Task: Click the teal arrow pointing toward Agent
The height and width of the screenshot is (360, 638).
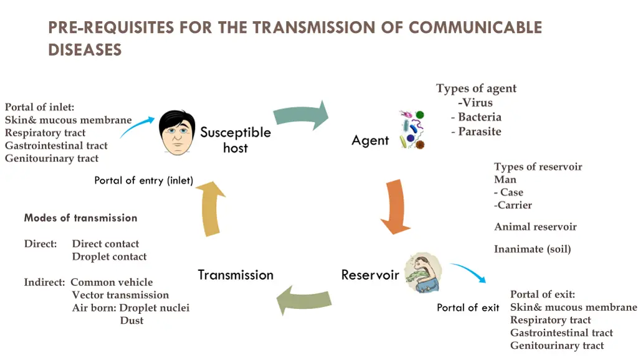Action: coord(302,115)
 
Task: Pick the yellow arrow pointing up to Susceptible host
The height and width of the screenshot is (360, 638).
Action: coord(211,209)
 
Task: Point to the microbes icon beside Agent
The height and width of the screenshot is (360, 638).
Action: coord(412,130)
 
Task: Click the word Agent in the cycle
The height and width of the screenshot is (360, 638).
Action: coord(370,141)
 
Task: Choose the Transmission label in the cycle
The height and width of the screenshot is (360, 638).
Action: coord(236,275)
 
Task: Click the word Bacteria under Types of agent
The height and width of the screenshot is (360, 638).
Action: coord(479,117)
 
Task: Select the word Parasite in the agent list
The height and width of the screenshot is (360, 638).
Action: coord(479,131)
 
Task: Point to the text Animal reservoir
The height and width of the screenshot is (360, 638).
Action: coord(535,227)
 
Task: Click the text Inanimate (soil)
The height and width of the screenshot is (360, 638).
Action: coord(532,249)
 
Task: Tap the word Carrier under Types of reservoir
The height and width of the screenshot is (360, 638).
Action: coord(514,205)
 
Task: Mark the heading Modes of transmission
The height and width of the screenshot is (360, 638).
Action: coord(80,218)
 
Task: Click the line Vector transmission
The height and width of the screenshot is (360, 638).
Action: coord(120,295)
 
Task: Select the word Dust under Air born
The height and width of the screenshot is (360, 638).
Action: coord(131,320)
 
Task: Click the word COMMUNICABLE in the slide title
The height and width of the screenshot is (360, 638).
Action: coord(475,27)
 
